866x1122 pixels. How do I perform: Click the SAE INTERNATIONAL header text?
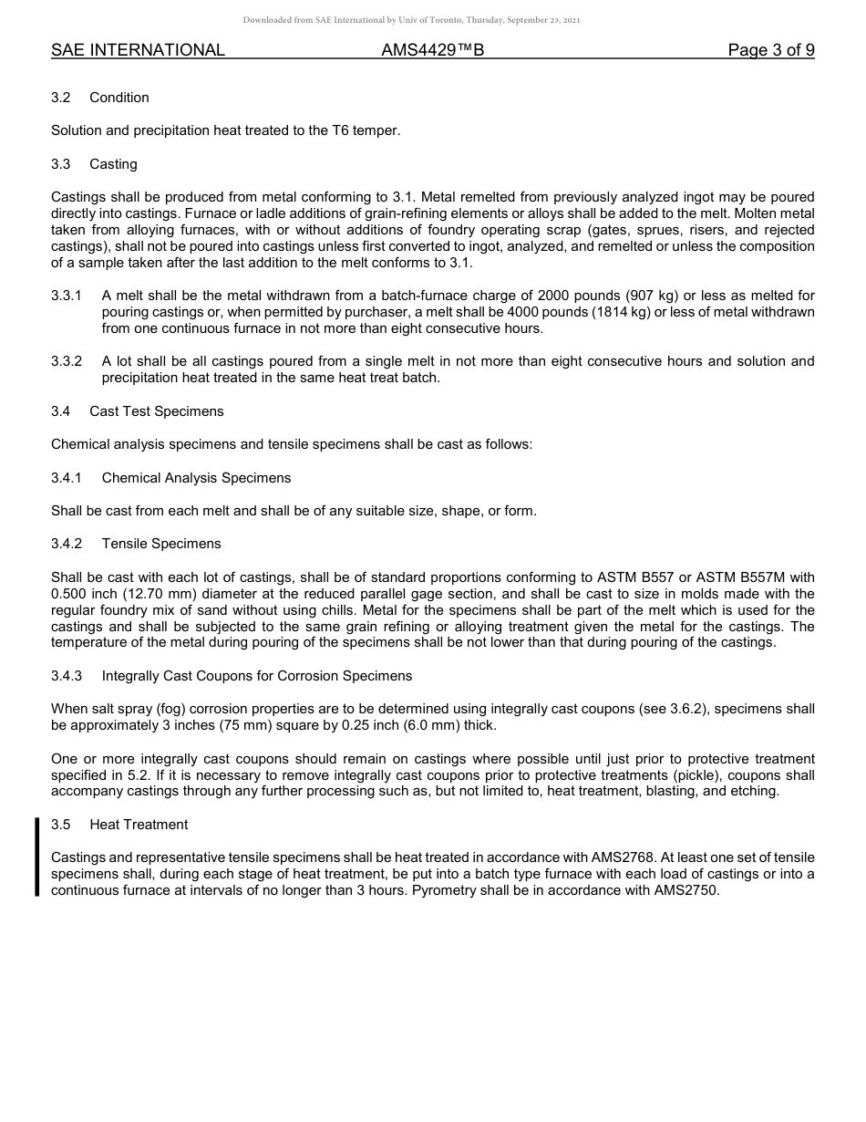[x=138, y=50]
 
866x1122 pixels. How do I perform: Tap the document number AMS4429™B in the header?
[x=432, y=50]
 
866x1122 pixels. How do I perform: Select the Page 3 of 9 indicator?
[x=770, y=50]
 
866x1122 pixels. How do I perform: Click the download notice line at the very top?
[x=411, y=20]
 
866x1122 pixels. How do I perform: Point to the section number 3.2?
[x=61, y=98]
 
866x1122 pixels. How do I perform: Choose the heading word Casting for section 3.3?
[x=113, y=164]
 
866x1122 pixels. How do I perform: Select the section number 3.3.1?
[x=67, y=296]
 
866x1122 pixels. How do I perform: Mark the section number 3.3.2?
[x=67, y=361]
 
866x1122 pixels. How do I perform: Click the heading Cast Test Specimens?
[x=156, y=411]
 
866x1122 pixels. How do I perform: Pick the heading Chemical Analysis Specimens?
[x=196, y=478]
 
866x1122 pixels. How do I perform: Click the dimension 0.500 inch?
[x=84, y=594]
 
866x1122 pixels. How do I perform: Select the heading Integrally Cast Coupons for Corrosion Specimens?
[x=256, y=676]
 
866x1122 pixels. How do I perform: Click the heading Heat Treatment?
[x=139, y=825]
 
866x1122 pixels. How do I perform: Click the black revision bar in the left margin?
[x=37, y=857]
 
